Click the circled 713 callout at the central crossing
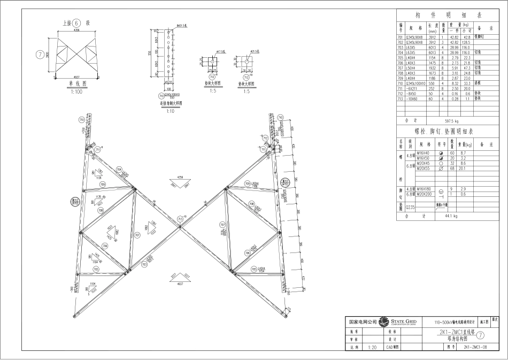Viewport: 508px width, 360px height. [x=180, y=219]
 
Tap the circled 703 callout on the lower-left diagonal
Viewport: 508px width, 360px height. [x=144, y=264]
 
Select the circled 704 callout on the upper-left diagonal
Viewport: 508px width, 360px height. [x=119, y=170]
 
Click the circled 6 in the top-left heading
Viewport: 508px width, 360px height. [x=76, y=23]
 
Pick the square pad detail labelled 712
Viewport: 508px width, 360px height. [x=248, y=63]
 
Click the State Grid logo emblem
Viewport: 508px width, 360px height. [x=383, y=322]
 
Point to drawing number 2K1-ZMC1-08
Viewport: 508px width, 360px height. [x=474, y=347]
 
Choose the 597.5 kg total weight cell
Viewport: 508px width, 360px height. [x=454, y=121]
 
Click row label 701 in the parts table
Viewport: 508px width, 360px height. [x=400, y=37]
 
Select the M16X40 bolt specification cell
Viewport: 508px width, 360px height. [x=424, y=154]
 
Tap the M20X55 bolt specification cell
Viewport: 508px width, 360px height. [x=424, y=168]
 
